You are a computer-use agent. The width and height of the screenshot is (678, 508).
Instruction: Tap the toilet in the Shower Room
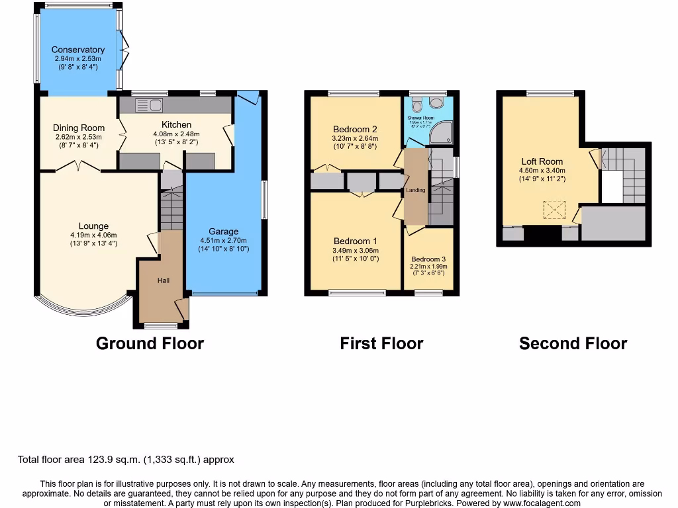pyautogui.click(x=416, y=105)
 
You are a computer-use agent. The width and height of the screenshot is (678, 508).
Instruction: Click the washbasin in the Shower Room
pyautogui.click(x=436, y=103)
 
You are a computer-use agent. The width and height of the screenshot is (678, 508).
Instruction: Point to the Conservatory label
pyautogui.click(x=78, y=50)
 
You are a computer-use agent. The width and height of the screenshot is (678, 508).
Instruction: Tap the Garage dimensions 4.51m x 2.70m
pyautogui.click(x=224, y=240)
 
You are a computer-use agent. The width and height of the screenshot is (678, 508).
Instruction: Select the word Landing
pyautogui.click(x=416, y=190)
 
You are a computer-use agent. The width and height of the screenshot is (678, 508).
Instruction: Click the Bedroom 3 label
pyautogui.click(x=428, y=259)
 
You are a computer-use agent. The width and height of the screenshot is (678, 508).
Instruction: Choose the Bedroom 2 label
pyautogui.click(x=356, y=129)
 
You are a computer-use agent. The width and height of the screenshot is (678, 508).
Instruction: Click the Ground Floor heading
pyautogui.click(x=150, y=343)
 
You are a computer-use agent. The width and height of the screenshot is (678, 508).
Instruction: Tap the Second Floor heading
pyautogui.click(x=573, y=343)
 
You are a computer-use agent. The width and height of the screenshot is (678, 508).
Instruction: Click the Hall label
pyautogui.click(x=164, y=280)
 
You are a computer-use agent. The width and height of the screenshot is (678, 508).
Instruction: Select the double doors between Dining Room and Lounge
pyautogui.click(x=78, y=166)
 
